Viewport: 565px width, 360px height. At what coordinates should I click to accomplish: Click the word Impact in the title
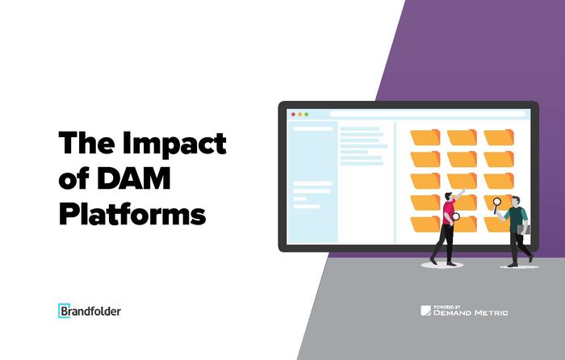pos(174,144)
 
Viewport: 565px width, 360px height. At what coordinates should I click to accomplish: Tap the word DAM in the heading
pos(134,178)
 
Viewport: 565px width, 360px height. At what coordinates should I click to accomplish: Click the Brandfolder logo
pos(90,311)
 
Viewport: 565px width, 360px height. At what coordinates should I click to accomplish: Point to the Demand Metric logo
pos(464,311)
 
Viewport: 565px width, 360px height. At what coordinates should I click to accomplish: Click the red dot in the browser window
pos(293,115)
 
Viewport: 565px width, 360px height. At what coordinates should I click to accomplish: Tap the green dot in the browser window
pos(307,115)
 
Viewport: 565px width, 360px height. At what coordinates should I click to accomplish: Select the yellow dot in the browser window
pos(299,115)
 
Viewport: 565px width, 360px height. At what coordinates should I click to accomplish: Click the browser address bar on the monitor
pos(428,114)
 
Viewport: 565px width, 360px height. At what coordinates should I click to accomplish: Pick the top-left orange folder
pos(425,137)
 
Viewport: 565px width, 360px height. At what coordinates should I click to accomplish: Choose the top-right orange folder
pos(499,137)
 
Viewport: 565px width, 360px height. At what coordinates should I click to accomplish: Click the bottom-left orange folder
pos(425,224)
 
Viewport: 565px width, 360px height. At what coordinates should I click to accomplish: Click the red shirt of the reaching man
pos(449,212)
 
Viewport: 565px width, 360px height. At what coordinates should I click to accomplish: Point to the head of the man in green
pos(516,201)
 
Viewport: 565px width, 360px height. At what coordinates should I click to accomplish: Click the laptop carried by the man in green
pos(524,229)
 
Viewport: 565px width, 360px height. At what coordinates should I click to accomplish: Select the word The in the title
pos(87,144)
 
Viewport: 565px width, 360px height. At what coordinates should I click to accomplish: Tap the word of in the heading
pos(74,179)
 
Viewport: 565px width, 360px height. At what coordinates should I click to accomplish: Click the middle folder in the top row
pos(462,137)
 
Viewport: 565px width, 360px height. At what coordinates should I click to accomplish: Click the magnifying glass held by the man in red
pos(456,216)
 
